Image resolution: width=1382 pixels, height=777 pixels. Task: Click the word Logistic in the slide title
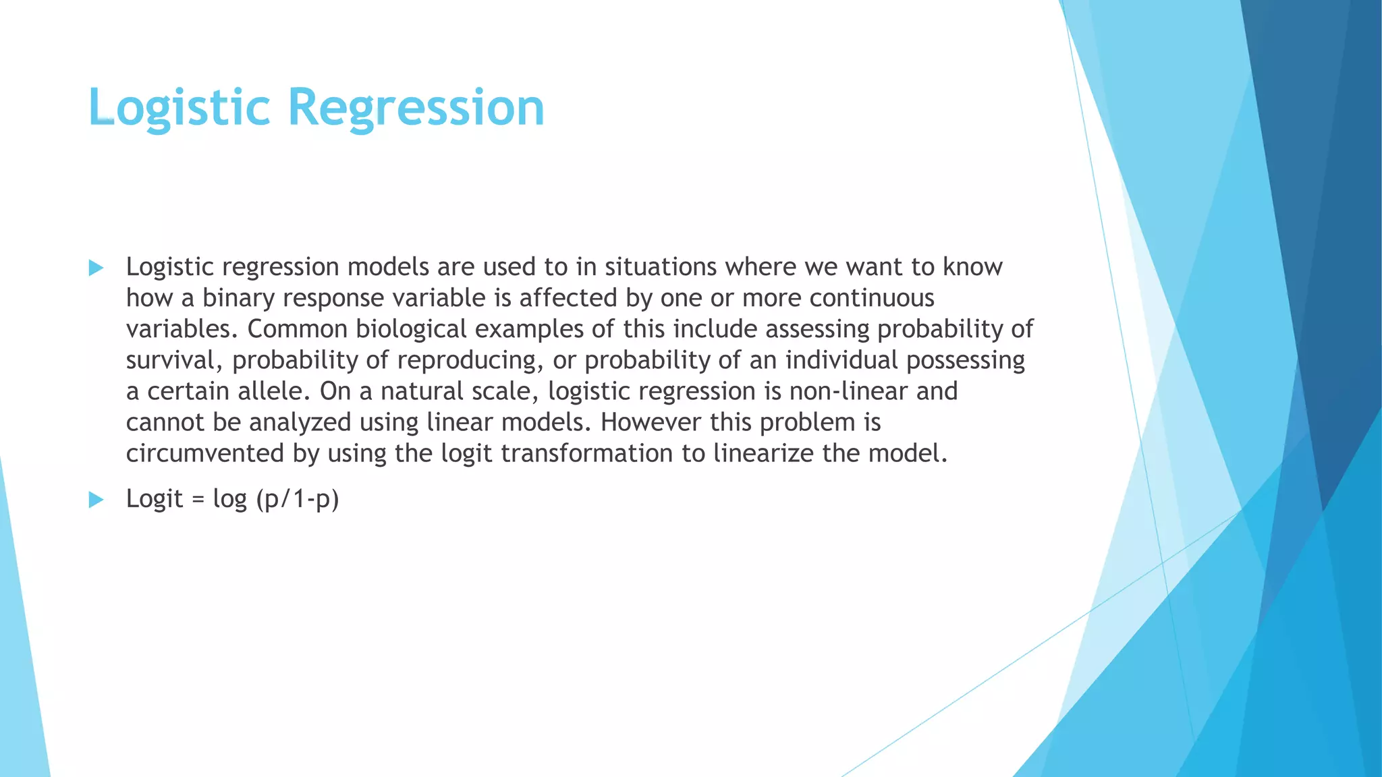[179, 108]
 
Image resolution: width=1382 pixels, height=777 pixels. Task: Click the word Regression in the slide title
[416, 108]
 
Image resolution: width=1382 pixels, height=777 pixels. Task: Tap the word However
[651, 422]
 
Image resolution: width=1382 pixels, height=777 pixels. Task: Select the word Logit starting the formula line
[154, 499]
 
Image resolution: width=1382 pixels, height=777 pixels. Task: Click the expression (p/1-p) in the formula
[297, 500]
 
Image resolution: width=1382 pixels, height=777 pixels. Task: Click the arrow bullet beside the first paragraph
[96, 268]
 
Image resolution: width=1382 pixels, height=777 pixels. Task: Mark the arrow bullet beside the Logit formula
[96, 500]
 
